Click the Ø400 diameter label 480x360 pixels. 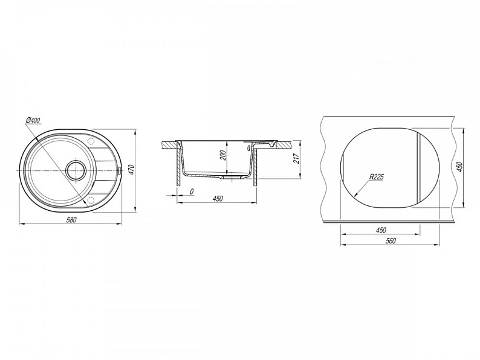tap(33, 120)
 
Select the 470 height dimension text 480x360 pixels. tap(131, 170)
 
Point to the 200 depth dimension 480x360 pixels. tap(222, 156)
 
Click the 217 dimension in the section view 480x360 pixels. tap(296, 158)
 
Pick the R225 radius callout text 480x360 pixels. tap(377, 177)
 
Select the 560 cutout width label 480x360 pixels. tap(391, 241)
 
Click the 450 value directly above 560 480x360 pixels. tap(380, 230)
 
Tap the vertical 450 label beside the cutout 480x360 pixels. tap(459, 167)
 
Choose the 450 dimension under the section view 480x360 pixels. tap(218, 199)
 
